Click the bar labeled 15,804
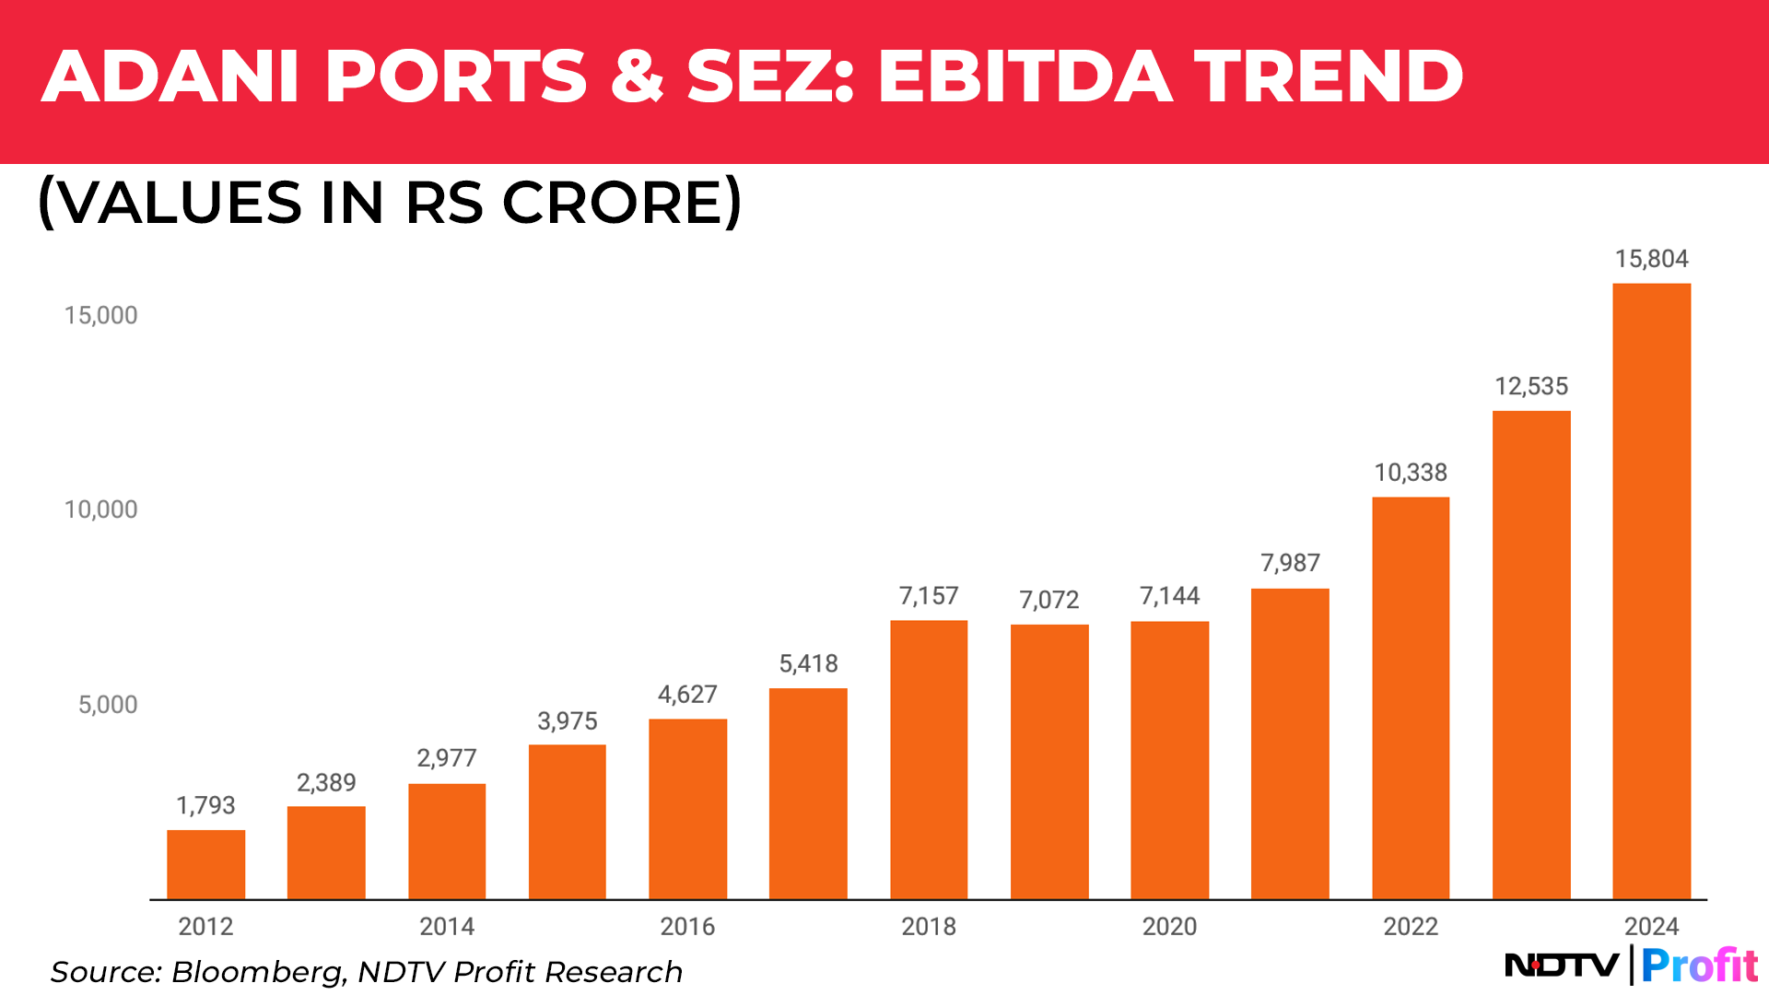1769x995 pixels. [x=1651, y=591]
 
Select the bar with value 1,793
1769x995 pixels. [x=205, y=864]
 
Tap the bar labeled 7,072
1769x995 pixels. [x=1049, y=761]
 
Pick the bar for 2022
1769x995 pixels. [x=1411, y=697]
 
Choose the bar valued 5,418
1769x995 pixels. [x=808, y=793]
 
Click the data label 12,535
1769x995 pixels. [x=1530, y=386]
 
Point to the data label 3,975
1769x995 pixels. [x=568, y=720]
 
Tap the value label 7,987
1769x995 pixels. [x=1290, y=562]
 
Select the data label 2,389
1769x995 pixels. [x=326, y=782]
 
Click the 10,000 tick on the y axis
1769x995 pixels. [x=100, y=509]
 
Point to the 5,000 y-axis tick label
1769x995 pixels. [x=108, y=705]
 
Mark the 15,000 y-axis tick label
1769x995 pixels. [x=100, y=315]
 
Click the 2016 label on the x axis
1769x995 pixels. [x=687, y=926]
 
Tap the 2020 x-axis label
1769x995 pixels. [x=1169, y=926]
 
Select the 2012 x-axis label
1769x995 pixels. [x=205, y=926]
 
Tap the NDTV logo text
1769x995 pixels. [x=1562, y=966]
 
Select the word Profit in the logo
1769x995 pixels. [x=1700, y=966]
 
